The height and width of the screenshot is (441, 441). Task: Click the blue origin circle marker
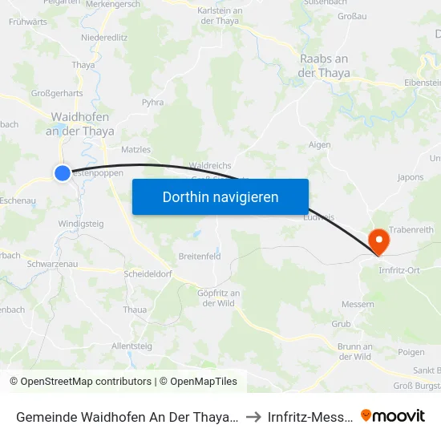coord(63,172)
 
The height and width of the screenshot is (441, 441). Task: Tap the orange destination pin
coord(376,241)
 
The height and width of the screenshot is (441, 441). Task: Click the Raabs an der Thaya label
coord(323,65)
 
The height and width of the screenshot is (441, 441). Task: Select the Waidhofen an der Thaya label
coord(79,123)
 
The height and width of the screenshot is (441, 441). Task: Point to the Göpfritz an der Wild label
coord(219,297)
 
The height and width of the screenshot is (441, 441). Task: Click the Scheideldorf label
coord(148,274)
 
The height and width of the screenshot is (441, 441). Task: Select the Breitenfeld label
coord(199,257)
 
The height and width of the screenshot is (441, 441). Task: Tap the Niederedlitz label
coord(104,37)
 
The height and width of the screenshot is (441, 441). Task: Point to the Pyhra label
coord(152,103)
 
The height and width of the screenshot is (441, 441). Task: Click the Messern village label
coord(358,304)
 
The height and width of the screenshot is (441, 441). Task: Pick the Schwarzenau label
coord(52,264)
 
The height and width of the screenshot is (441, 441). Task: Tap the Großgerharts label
coord(57,93)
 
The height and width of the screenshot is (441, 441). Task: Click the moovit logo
coord(393,416)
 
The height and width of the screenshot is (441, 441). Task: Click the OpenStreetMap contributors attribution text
coord(80,382)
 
